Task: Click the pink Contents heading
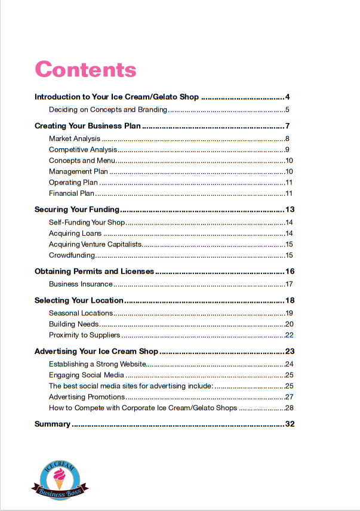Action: pos(85,69)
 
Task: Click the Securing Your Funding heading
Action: pos(78,210)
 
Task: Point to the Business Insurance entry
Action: pos(81,284)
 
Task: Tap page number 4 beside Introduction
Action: pos(287,97)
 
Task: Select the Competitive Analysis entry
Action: pos(83,150)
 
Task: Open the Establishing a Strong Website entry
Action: pos(97,364)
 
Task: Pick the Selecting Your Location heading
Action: pos(79,300)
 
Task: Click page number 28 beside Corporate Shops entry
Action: pos(290,408)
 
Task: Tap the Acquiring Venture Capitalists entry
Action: pos(96,244)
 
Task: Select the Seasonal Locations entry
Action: pos(81,313)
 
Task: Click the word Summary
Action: pos(53,424)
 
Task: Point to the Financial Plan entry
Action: pos(72,193)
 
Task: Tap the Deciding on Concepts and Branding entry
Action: pos(107,110)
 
